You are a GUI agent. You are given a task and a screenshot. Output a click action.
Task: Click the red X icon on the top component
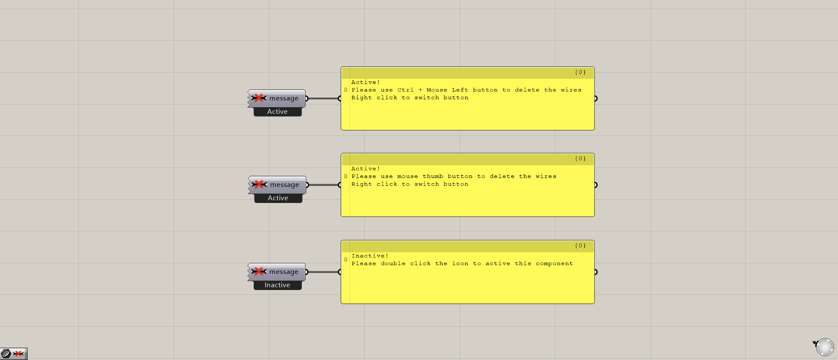(x=259, y=98)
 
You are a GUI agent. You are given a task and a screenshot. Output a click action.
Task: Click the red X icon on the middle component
(x=259, y=185)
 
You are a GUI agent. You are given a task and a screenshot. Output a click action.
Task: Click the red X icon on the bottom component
(x=259, y=272)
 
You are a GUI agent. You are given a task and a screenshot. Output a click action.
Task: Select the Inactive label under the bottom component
(x=277, y=285)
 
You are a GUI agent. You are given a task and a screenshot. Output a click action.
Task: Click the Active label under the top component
(x=277, y=112)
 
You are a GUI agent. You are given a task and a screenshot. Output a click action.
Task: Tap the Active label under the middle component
(x=278, y=198)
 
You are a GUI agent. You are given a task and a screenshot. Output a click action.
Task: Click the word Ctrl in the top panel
(x=405, y=90)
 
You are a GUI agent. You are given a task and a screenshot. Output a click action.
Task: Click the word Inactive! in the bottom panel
(x=370, y=256)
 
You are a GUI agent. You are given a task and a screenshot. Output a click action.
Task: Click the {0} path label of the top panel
(x=580, y=72)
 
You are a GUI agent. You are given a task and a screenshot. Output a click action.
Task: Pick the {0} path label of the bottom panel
(x=580, y=246)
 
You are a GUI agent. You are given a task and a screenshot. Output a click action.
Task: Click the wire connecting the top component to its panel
(x=324, y=98)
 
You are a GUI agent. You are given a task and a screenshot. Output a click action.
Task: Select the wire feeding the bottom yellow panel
(x=324, y=272)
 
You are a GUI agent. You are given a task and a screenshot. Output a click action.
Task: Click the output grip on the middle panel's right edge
(x=595, y=185)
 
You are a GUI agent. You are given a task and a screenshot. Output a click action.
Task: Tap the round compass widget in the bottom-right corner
(x=825, y=347)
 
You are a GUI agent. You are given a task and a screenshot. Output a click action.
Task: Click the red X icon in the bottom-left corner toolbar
(x=18, y=353)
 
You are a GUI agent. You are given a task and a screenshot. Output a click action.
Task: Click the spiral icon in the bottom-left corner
(x=6, y=353)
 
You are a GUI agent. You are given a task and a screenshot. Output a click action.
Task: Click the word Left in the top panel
(x=460, y=90)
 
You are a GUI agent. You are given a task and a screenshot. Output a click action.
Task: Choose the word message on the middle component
(x=285, y=185)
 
